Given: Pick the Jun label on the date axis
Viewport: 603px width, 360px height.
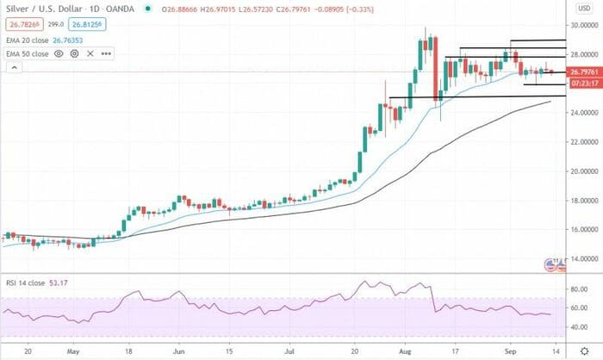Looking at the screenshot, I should [x=179, y=351].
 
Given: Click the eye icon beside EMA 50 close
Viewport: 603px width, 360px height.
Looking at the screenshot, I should [x=59, y=53].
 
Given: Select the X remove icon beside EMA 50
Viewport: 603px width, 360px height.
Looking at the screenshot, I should [x=90, y=53].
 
